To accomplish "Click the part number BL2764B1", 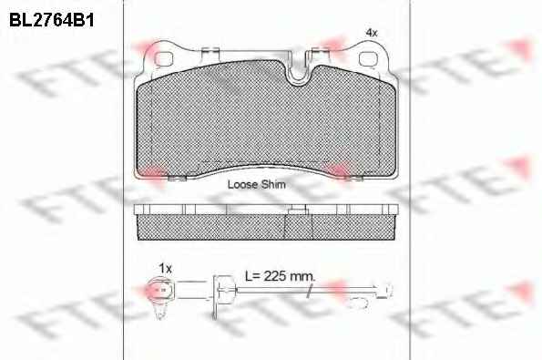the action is coord(52,20).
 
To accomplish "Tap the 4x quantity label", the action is coord(372,33).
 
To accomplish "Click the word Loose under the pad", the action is coord(242,184).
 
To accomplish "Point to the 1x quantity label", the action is coord(165,268).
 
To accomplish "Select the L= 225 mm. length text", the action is coord(280,276).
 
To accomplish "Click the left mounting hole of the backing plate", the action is coord(163,59).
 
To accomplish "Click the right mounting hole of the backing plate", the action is coord(369,59).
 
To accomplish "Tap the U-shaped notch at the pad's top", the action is coord(298,71).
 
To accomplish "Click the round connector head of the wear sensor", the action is coord(160,290).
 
